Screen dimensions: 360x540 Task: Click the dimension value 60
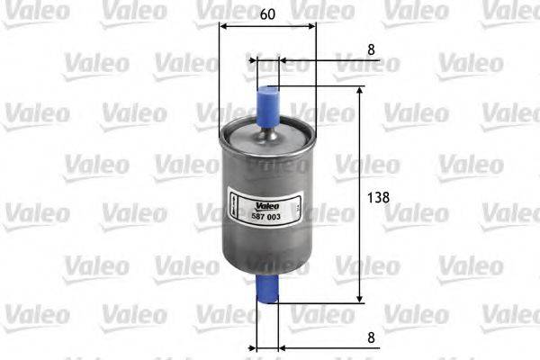click(x=266, y=14)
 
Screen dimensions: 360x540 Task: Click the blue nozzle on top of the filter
click(x=267, y=101)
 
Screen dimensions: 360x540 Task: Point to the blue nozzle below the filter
click(x=267, y=290)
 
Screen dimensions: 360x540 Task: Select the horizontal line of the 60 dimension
click(x=267, y=26)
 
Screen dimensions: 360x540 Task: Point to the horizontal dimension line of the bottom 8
click(x=324, y=346)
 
